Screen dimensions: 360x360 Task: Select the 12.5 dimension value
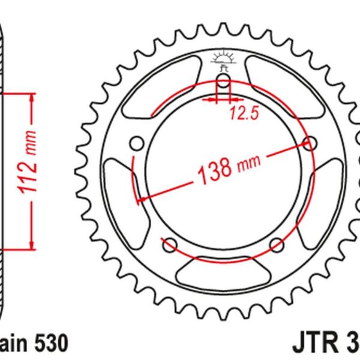coord(242,112)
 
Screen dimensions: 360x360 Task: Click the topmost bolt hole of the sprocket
coord(223,82)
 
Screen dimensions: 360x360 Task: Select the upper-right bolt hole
coord(310,143)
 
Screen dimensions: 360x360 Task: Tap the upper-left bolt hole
coord(136,144)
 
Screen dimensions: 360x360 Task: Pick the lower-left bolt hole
coord(169,244)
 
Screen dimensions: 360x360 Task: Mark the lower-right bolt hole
coord(277,244)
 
